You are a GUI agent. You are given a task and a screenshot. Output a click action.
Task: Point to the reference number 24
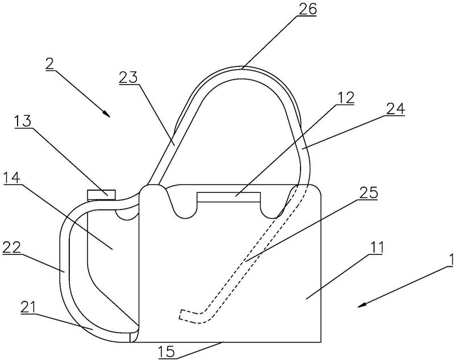(396, 109)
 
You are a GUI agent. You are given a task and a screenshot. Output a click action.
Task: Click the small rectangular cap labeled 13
(101, 194)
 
